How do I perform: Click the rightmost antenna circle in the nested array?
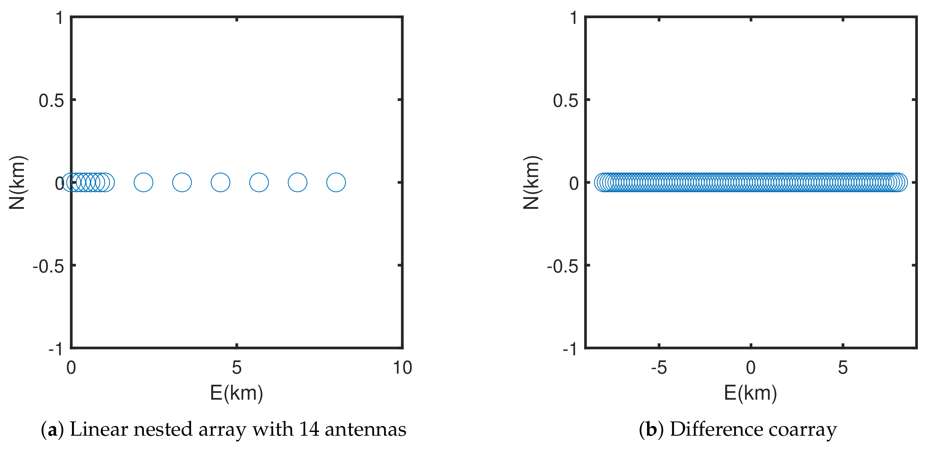click(x=336, y=182)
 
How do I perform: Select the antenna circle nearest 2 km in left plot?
click(x=143, y=182)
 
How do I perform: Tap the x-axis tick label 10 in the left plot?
click(x=402, y=368)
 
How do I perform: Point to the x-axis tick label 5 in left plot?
click(x=236, y=368)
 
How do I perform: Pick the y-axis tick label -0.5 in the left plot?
click(x=48, y=267)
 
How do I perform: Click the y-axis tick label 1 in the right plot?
click(x=574, y=18)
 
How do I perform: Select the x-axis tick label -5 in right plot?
click(x=659, y=368)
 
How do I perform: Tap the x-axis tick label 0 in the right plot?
click(x=750, y=368)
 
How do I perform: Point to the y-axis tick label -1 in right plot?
click(x=570, y=349)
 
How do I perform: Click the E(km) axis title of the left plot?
click(x=236, y=393)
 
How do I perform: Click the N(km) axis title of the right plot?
click(x=531, y=182)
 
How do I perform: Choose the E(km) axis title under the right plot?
click(x=750, y=393)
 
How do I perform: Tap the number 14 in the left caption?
click(x=309, y=429)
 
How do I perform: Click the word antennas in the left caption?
click(x=365, y=429)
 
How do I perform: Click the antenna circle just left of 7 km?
click(x=297, y=182)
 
